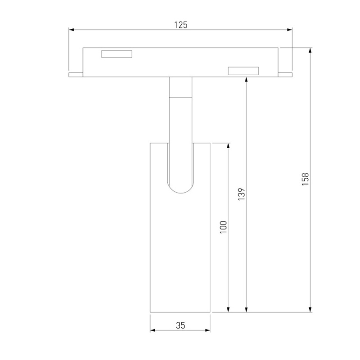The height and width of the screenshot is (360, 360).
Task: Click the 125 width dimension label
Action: point(181,25)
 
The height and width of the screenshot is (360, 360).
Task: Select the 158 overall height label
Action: point(306,179)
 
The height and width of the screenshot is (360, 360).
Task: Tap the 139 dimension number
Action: point(241,194)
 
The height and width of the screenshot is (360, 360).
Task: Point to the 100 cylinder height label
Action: point(223,227)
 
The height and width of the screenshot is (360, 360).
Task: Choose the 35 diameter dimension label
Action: point(180,325)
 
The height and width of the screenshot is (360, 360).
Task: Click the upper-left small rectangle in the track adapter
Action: point(117,54)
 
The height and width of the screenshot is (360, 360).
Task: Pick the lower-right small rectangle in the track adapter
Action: point(243,71)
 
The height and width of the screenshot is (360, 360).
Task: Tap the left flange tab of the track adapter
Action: point(76,75)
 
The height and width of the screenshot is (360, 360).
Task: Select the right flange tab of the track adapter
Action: point(285,75)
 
